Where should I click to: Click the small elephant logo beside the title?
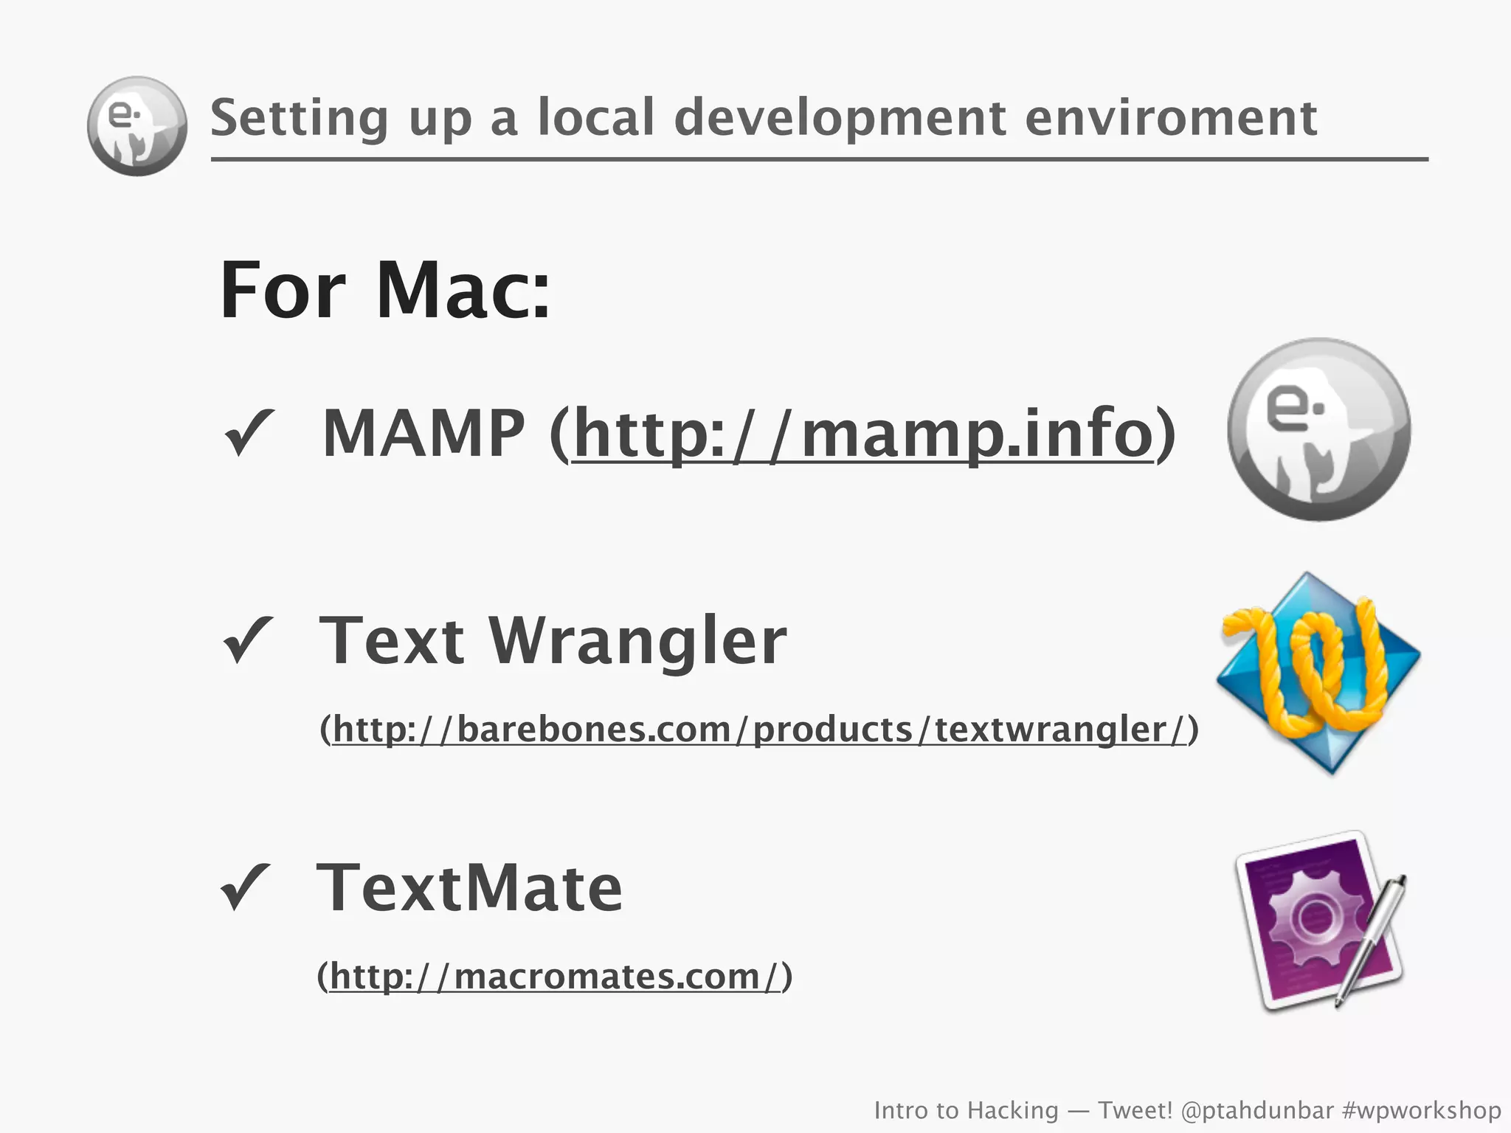point(137,126)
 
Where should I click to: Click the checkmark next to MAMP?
point(248,433)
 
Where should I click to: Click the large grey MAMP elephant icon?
point(1318,429)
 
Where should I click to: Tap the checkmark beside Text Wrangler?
point(248,640)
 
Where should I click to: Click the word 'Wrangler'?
point(637,641)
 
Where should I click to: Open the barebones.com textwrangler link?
point(759,730)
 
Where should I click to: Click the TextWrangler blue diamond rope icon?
point(1318,673)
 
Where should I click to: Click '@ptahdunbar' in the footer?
point(1257,1110)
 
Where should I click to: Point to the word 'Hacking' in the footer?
point(1012,1110)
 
